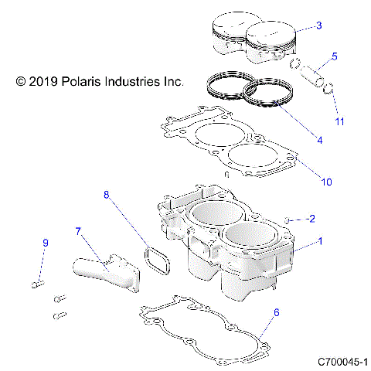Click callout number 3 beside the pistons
pos(319,26)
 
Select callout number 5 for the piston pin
pos(334,56)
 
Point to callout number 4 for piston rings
pos(319,140)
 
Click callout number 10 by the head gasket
pos(326,182)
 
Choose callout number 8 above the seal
pos(107,196)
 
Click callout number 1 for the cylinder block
pos(320,241)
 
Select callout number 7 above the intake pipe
pos(77,230)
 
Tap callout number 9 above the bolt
pos(45,243)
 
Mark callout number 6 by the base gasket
pos(277,313)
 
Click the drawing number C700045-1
pos(342,362)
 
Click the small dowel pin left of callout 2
pos(287,220)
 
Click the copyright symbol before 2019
pos(21,80)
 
